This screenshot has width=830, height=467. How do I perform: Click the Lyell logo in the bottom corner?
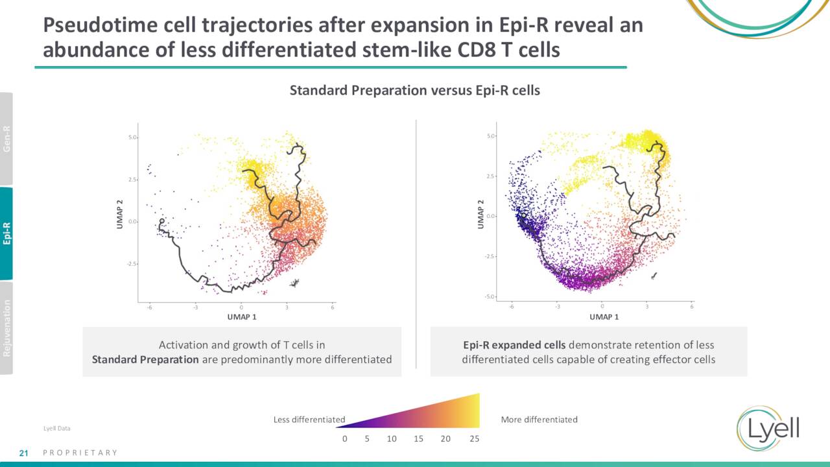click(768, 429)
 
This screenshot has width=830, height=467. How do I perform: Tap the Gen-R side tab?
click(6, 139)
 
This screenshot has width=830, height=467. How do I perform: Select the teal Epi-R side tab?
click(6, 233)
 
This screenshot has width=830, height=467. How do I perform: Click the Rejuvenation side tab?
click(6, 328)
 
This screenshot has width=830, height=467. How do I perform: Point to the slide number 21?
click(23, 453)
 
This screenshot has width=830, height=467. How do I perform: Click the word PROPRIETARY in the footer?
click(80, 453)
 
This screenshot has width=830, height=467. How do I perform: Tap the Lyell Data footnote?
click(56, 429)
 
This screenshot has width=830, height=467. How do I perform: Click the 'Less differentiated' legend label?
click(309, 420)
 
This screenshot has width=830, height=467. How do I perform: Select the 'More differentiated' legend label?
click(539, 420)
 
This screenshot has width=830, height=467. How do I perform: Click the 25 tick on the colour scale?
click(474, 439)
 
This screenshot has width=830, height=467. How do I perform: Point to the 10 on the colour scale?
click(392, 439)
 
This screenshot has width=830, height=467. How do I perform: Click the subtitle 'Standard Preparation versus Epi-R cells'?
click(414, 90)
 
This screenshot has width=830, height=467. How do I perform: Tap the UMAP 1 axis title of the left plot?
click(241, 317)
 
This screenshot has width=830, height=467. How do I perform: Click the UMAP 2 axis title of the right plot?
click(480, 213)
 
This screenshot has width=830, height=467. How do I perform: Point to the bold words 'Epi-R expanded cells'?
click(514, 345)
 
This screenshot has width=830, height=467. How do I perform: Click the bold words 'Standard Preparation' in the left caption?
click(145, 359)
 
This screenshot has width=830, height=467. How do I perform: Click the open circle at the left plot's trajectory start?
click(161, 221)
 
